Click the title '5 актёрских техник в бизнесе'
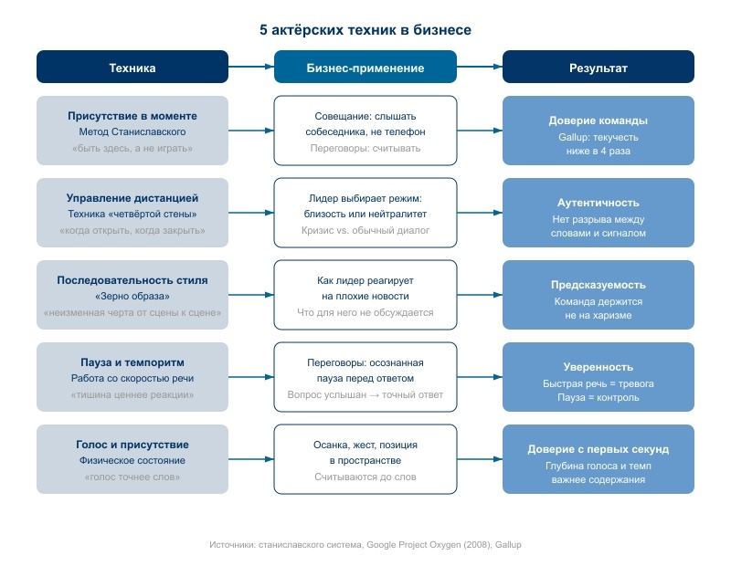tap(365, 30)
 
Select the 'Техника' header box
tap(132, 67)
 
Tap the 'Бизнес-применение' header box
tap(365, 67)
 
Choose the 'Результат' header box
tap(599, 67)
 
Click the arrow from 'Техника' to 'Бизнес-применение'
tap(250, 67)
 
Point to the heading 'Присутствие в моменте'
tap(132, 116)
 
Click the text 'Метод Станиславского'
tap(132, 131)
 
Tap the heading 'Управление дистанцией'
tap(132, 198)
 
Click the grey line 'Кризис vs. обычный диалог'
tap(365, 230)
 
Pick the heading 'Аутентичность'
tap(599, 203)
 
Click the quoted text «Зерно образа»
tap(132, 297)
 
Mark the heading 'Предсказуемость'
tap(599, 285)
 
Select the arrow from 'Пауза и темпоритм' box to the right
tap(250, 377)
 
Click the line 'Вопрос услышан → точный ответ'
tap(365, 394)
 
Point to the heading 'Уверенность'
tap(599, 367)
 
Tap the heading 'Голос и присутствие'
tap(132, 445)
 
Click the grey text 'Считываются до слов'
tap(365, 477)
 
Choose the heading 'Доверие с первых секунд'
tap(599, 449)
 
